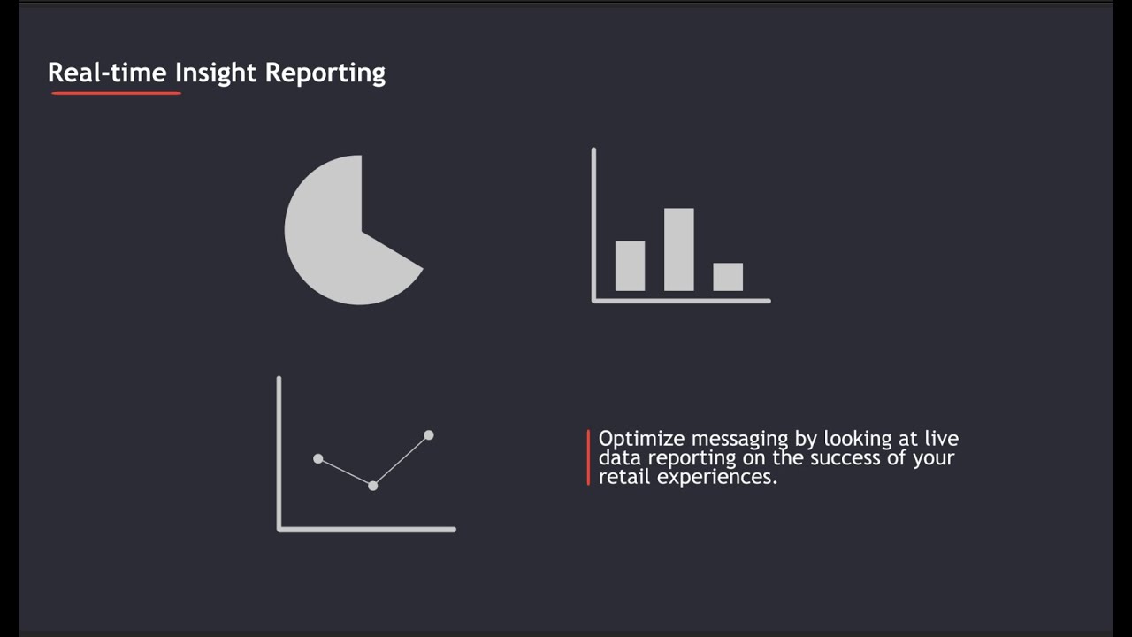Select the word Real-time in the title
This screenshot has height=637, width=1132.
tap(107, 73)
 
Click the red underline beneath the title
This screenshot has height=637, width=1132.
tap(116, 92)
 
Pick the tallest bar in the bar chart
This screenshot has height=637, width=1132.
tap(679, 249)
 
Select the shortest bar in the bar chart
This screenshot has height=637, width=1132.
tap(728, 277)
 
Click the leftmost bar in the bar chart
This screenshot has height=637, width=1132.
tap(630, 265)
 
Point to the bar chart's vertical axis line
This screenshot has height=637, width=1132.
tap(593, 221)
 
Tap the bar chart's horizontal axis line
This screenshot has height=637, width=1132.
tap(681, 301)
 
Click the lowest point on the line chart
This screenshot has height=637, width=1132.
tap(372, 486)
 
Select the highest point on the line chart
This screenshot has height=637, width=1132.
tap(429, 434)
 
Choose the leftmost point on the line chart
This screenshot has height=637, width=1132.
tap(318, 458)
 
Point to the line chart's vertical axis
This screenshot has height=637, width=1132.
tap(279, 451)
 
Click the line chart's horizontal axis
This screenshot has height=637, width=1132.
tap(367, 529)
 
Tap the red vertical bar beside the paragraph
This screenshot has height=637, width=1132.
tap(588, 457)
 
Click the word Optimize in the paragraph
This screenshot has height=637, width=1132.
tap(642, 439)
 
